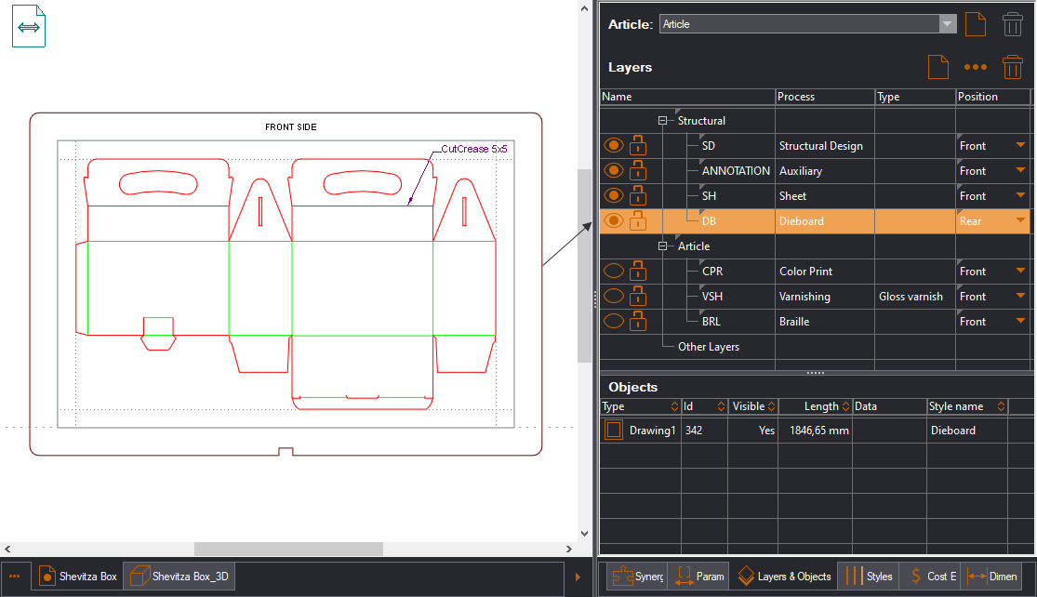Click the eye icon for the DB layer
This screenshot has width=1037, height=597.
(613, 221)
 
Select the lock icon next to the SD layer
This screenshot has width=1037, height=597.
(638, 146)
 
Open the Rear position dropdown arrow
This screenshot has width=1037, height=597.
(1020, 221)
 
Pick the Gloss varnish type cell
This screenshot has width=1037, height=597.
(911, 297)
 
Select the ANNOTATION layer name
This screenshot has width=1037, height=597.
(736, 171)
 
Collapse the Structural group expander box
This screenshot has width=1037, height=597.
(663, 121)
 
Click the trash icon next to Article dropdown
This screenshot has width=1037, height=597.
(1013, 24)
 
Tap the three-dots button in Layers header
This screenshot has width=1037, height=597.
(975, 68)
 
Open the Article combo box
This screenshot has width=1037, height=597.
(807, 24)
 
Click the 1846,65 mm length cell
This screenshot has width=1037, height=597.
(814, 431)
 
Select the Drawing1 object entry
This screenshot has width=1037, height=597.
(650, 431)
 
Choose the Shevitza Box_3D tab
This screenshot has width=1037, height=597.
(179, 577)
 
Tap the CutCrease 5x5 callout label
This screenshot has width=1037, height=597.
(473, 148)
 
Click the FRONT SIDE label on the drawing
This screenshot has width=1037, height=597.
(290, 127)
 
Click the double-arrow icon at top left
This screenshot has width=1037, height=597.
(29, 27)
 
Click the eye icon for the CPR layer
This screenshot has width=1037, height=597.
(613, 272)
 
